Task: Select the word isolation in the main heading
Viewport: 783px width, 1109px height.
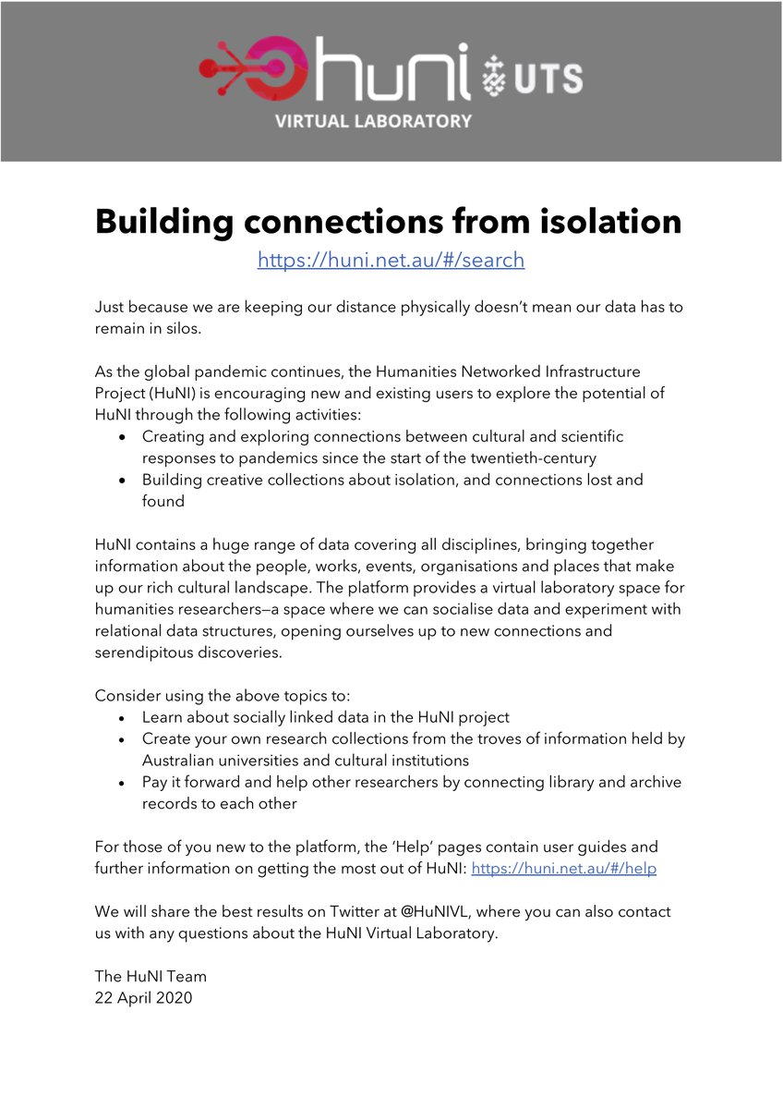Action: point(596,221)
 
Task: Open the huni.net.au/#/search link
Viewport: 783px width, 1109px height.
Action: point(391,261)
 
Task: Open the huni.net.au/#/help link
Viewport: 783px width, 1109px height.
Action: point(563,869)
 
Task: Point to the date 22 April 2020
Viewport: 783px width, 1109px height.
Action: point(143,997)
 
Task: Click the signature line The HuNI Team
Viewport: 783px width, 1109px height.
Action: point(151,976)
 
